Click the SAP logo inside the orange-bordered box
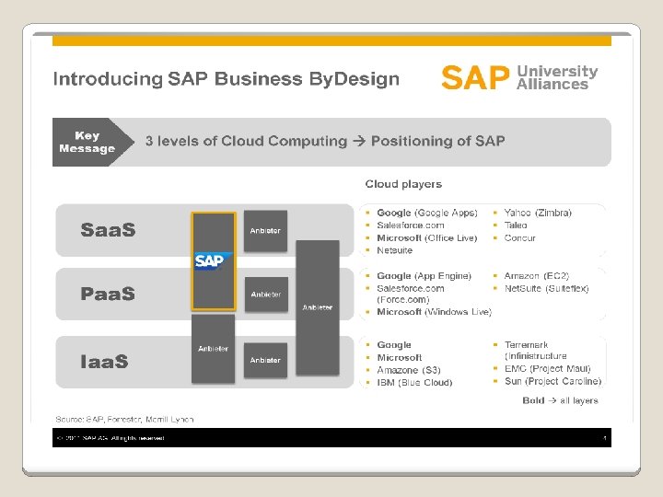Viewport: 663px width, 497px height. tap(209, 261)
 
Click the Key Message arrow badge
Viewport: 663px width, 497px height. tap(87, 142)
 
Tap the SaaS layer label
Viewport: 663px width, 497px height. tap(108, 230)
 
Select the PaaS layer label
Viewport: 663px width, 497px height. tap(108, 295)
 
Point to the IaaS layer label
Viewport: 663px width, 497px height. tap(104, 361)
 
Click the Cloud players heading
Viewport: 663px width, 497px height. tap(403, 185)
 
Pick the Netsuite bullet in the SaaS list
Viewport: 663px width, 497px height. tap(394, 250)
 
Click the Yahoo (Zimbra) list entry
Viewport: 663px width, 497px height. tap(538, 213)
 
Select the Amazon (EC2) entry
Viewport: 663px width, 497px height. tap(536, 276)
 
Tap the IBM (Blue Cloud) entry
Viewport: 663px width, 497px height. tap(414, 383)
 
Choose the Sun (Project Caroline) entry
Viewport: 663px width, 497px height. tap(552, 382)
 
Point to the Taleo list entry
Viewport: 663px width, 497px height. tap(516, 225)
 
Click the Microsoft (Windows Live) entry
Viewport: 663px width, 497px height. tap(434, 312)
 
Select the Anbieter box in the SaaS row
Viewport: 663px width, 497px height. tap(265, 231)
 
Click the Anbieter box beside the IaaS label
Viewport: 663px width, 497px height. tap(213, 349)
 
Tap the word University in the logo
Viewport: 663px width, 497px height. tap(557, 71)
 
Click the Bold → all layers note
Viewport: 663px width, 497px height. tap(560, 400)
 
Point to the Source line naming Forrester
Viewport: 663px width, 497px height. tap(124, 420)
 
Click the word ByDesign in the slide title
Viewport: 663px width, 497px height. tap(354, 79)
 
